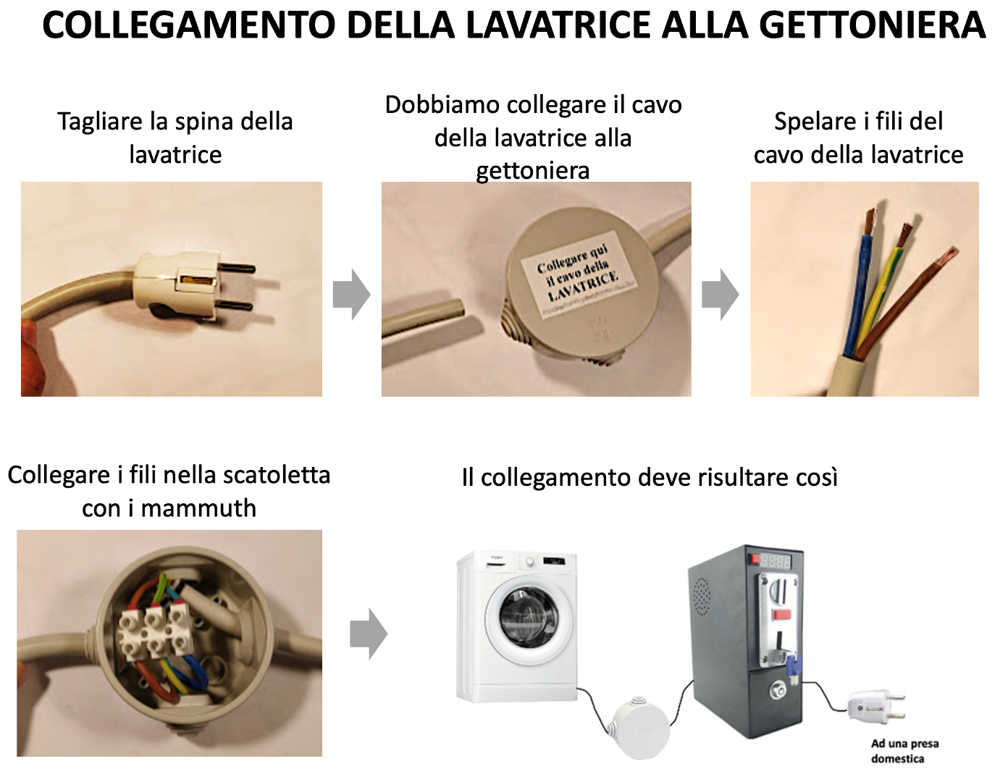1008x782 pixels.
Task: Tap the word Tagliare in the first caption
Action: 100,122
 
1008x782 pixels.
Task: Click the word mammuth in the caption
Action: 198,508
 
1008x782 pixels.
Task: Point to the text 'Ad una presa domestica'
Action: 904,751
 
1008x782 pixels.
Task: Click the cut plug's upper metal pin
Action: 236,268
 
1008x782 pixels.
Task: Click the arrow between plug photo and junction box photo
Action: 352,295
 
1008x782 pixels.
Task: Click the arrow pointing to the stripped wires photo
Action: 721,295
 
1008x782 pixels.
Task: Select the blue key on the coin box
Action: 792,667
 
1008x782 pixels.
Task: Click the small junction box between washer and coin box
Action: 639,726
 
